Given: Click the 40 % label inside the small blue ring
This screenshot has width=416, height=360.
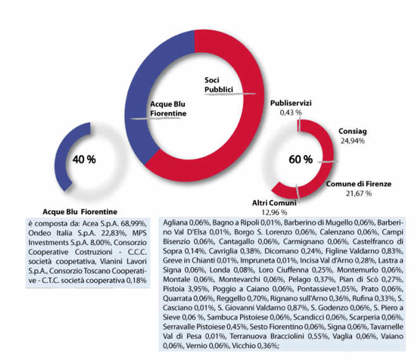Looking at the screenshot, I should (x=84, y=159).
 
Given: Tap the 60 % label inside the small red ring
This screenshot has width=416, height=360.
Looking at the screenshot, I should (x=301, y=159).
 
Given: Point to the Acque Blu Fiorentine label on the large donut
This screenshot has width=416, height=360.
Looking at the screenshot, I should (x=168, y=108).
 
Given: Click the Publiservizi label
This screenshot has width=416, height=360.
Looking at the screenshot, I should (x=291, y=103).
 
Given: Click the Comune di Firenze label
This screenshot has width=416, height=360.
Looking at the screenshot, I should (x=358, y=183).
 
